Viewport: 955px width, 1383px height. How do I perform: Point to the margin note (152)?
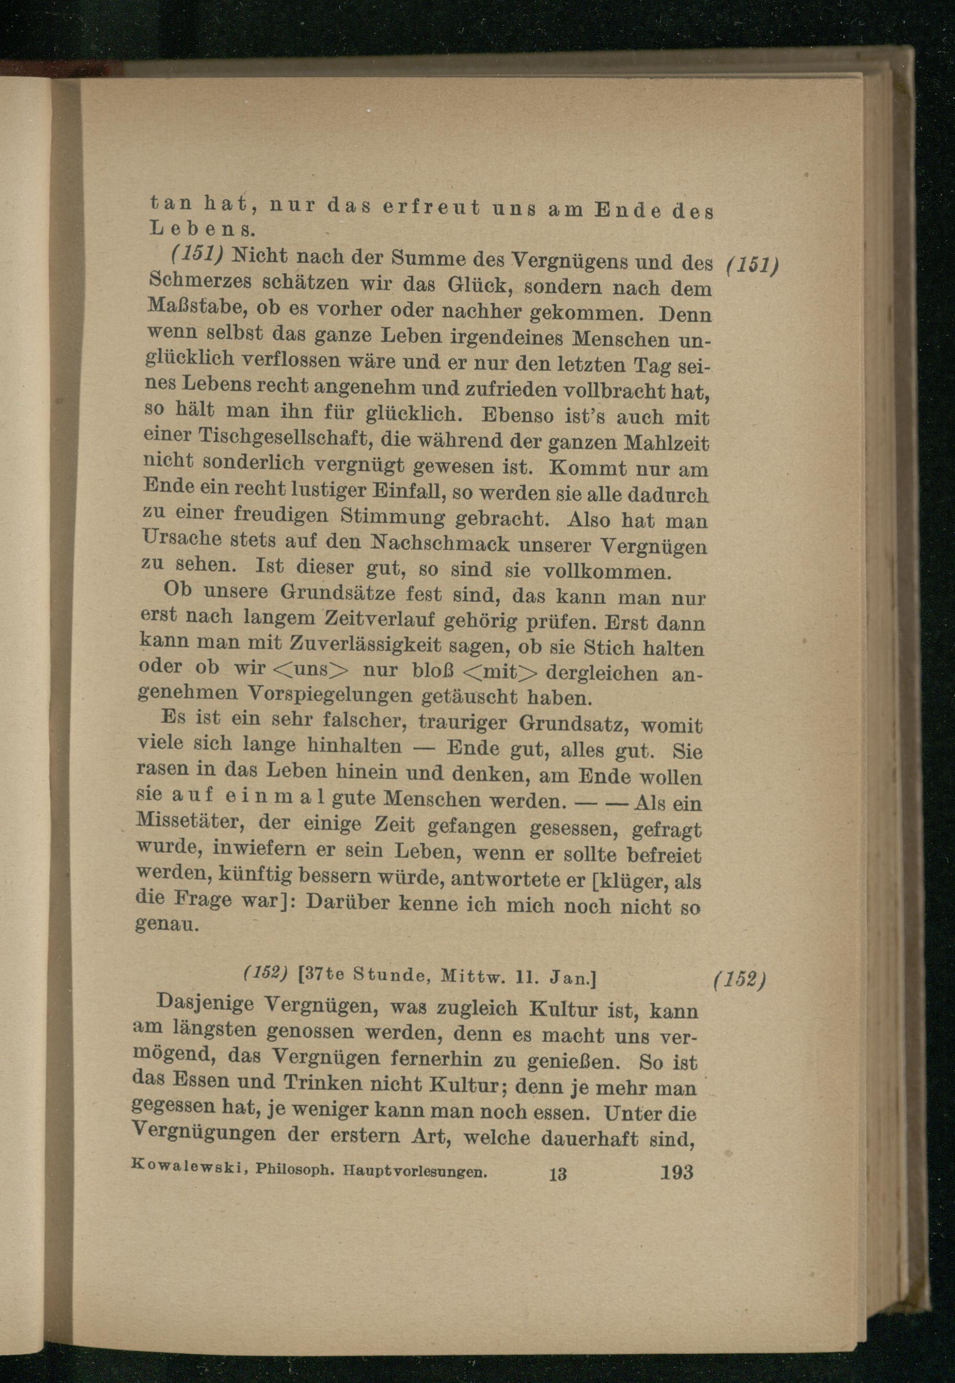click(740, 979)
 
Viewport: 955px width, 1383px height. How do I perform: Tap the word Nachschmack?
click(442, 543)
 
